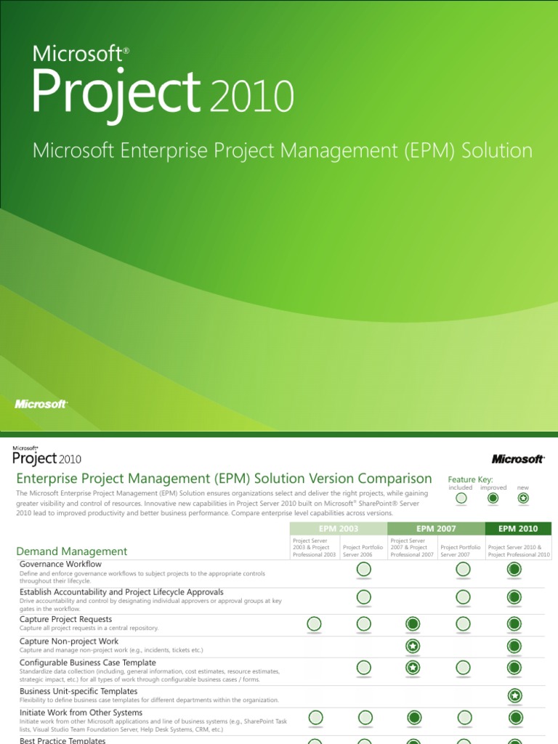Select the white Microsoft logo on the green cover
[41, 404]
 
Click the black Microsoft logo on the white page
[517, 459]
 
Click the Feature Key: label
[470, 480]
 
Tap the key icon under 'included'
[461, 498]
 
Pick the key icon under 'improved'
[493, 498]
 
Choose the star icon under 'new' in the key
[523, 498]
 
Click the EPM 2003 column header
[338, 529]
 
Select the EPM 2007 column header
[436, 529]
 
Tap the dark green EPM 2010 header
[518, 529]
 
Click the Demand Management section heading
[72, 551]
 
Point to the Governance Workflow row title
[60, 564]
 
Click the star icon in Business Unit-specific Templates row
[514, 696]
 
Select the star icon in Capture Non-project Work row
[412, 646]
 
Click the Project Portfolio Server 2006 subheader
[363, 551]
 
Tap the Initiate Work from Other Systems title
[81, 713]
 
